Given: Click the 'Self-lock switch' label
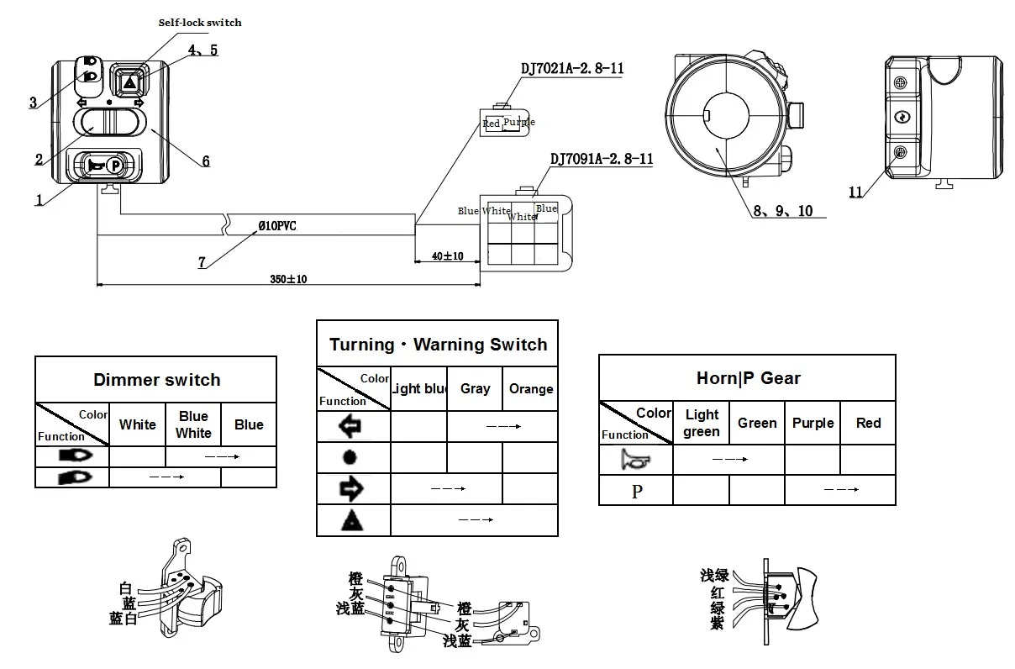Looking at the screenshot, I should coord(200,22).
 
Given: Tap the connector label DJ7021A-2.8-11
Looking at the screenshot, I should coord(572,69).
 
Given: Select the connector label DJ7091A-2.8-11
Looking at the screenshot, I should coord(601,158).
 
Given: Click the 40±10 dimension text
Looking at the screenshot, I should coord(442,255).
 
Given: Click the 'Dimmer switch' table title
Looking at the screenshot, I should coord(156,380).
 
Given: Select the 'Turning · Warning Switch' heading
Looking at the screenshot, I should coord(438,345).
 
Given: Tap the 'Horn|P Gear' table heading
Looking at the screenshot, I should coord(748,378).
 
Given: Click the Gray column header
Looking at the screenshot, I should coord(475,388).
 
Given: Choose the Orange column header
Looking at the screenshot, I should coord(531,388).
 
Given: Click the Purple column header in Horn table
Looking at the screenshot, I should coord(813,423).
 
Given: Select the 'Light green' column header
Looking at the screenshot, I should coord(702,423).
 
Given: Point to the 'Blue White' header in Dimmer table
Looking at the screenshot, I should coord(193,424).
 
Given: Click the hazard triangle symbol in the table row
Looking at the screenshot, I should coord(353,521).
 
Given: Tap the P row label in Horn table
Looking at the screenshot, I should coord(636,491).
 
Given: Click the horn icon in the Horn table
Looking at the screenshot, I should coord(636,459).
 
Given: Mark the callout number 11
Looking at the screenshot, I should coord(855,192).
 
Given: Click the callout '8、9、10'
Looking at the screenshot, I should coord(782,211).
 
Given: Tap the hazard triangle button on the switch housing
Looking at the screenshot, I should coord(129,82).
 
